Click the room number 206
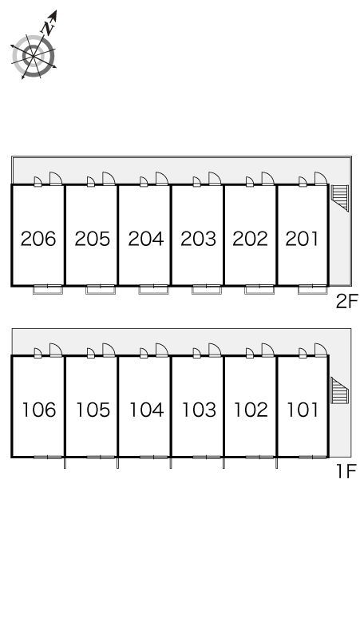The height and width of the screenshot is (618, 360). [x=38, y=239]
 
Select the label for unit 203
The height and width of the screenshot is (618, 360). [x=199, y=239]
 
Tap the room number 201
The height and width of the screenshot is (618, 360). [x=302, y=239]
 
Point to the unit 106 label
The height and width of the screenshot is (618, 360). [x=39, y=410]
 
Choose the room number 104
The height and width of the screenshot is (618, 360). [x=147, y=410]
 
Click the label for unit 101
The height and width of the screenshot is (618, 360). [x=303, y=410]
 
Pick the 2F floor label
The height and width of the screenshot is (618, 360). [x=346, y=302]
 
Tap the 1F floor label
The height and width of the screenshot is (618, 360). [x=346, y=471]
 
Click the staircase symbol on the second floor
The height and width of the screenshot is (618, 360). [x=340, y=197]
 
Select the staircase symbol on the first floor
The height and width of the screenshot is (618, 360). [x=339, y=390]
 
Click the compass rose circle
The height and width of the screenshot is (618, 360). [x=33, y=56]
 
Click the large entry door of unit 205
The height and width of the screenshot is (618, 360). [x=109, y=179]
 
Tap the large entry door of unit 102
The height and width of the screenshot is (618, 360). [x=268, y=350]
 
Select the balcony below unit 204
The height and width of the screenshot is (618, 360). [x=153, y=290]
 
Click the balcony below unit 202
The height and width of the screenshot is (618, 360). [x=259, y=290]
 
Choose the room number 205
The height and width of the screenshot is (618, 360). [x=92, y=239]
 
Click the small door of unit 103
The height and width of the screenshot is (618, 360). [x=197, y=353]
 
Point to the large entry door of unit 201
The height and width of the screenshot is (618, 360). [x=321, y=179]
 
